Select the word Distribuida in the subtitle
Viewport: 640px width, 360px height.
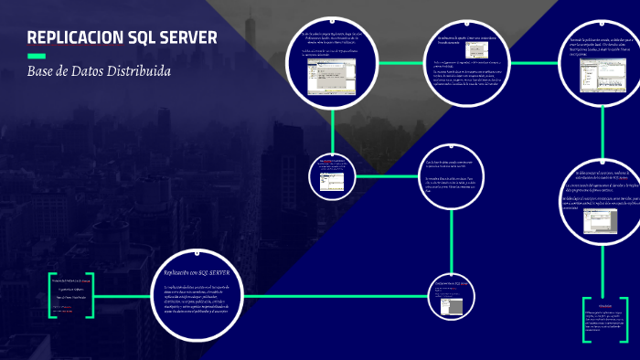136,71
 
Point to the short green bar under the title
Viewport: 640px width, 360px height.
37,57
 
